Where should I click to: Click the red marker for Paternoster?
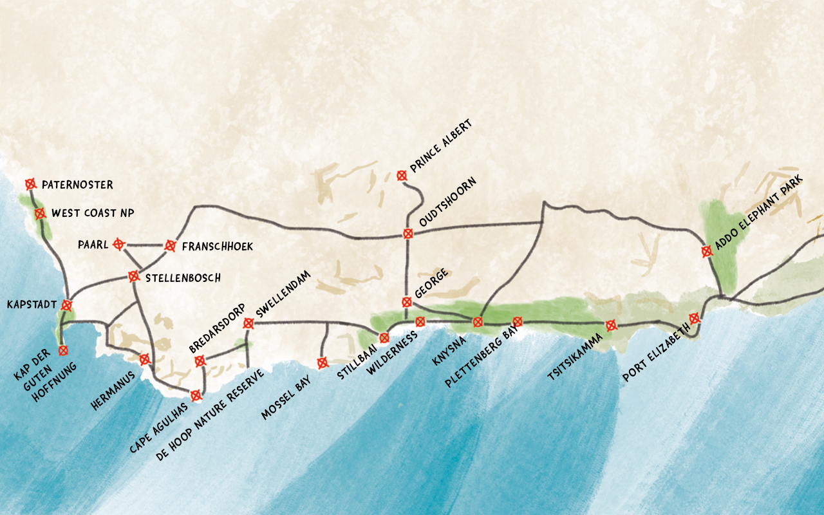[30, 184]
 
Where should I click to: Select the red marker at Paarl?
[118, 244]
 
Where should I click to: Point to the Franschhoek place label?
[217, 247]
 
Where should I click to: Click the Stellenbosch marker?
[134, 276]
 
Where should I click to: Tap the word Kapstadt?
[32, 304]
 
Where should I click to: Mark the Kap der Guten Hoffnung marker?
[63, 350]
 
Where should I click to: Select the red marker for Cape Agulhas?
[196, 395]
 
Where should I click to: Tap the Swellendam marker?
[248, 323]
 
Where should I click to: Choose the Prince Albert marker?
[402, 175]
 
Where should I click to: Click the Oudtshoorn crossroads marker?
[407, 234]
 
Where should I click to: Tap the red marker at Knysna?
[478, 322]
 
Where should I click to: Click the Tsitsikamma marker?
[611, 326]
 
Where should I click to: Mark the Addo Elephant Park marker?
[707, 251]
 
